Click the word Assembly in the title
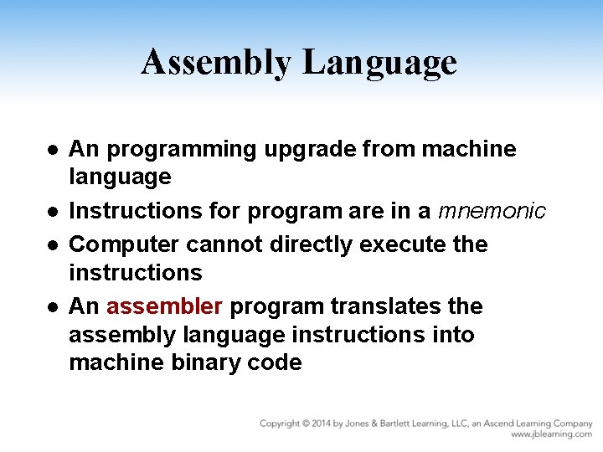click(216, 63)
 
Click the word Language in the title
click(379, 63)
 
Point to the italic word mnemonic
click(492, 211)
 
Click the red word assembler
click(164, 306)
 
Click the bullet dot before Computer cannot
click(52, 245)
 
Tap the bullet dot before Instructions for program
click(52, 212)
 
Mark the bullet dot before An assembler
click(52, 307)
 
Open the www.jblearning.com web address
click(551, 434)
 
